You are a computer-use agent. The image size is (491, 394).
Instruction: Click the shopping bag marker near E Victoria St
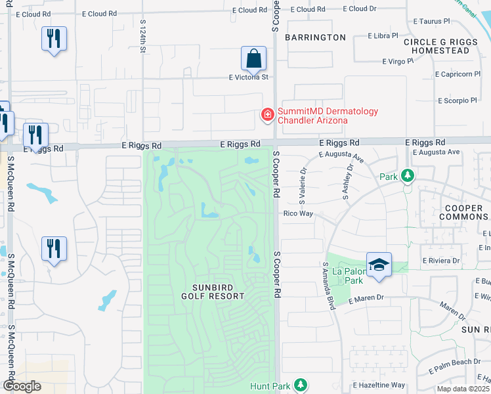[253, 59]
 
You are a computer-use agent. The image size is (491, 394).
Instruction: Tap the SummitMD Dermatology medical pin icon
[267, 116]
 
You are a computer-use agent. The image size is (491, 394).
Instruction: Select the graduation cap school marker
[379, 264]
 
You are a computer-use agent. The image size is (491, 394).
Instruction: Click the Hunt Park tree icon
[301, 384]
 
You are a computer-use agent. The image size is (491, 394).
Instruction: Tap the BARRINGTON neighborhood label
[316, 37]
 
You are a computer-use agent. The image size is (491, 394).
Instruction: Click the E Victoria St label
[249, 77]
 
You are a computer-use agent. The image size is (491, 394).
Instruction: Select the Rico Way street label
[297, 213]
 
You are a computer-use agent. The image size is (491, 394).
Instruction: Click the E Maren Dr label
[366, 299]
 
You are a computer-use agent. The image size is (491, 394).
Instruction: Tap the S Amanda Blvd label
[330, 286]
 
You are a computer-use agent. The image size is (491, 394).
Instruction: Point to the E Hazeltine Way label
[379, 385]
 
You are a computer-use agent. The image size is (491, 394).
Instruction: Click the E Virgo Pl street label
[398, 61]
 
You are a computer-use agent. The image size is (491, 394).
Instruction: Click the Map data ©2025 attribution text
[463, 389]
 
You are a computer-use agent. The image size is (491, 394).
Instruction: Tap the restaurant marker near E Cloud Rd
[54, 39]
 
